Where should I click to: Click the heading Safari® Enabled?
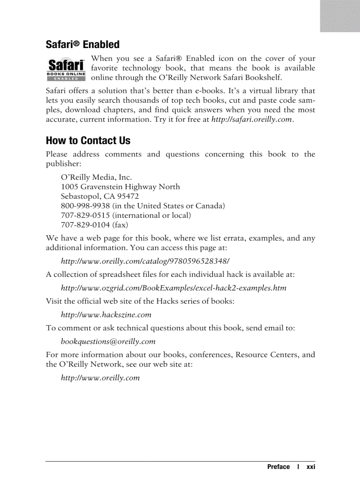82,45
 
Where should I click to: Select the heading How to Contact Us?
88,141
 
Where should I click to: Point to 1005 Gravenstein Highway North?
120,187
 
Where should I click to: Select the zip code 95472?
127,196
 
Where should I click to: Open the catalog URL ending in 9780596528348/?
145,261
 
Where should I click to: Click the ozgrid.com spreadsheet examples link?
173,288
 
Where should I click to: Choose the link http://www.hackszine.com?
106,315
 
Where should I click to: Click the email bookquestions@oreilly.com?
108,342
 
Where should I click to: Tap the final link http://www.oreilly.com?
100,378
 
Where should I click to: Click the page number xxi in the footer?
311,467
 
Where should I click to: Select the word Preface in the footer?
278,467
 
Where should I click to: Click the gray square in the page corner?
340,16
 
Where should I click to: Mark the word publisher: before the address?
64,164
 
